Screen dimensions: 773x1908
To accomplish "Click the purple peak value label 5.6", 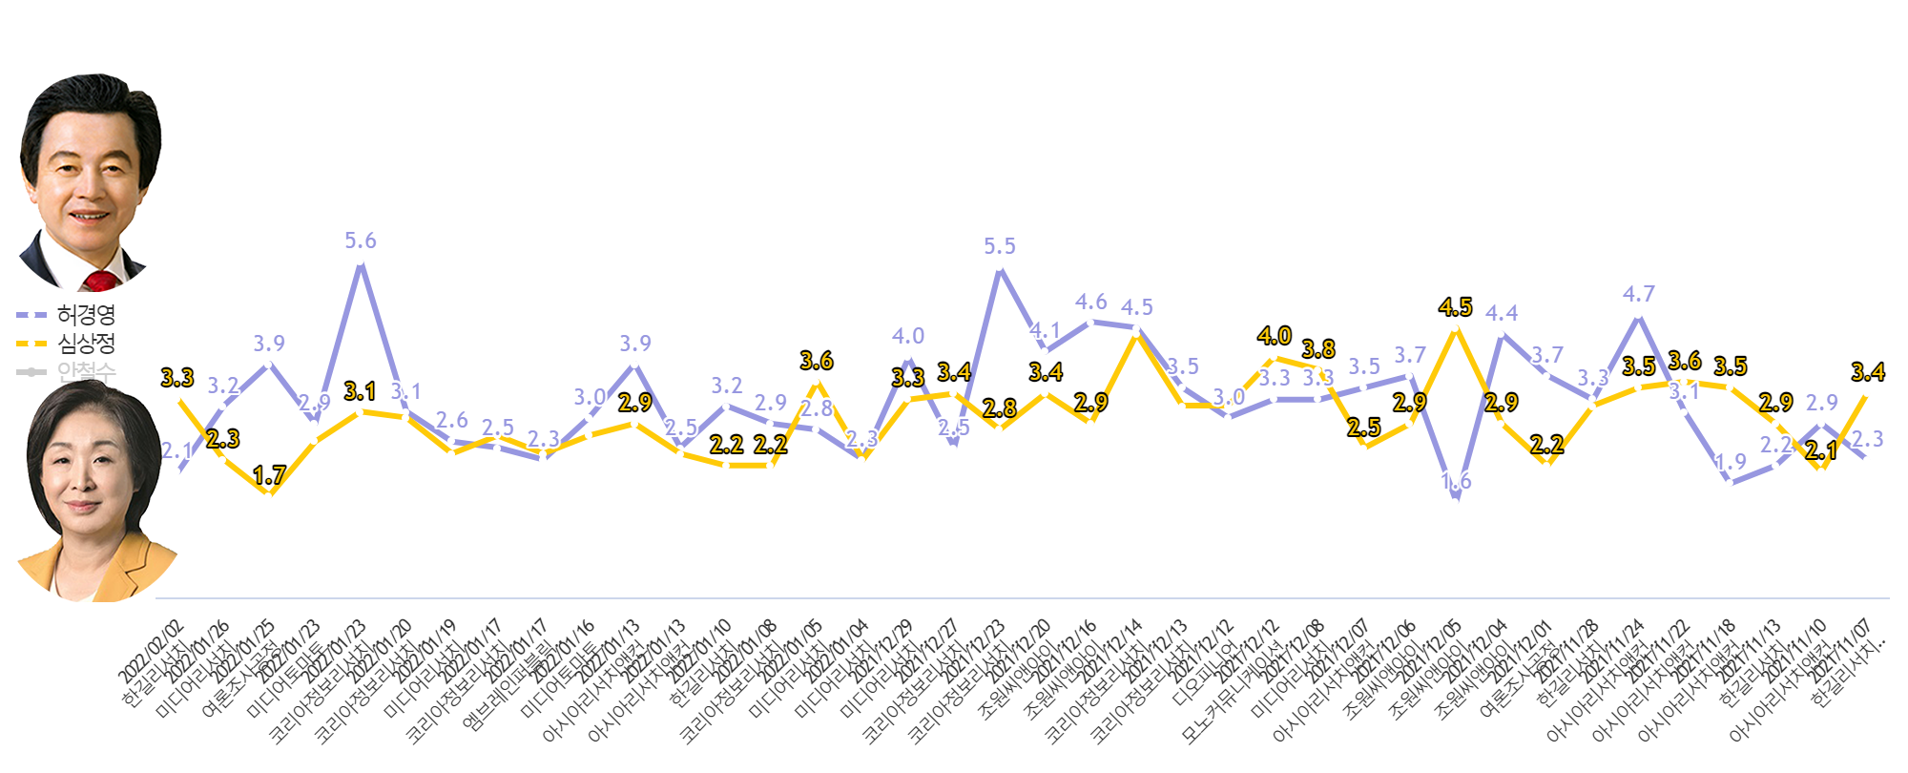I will point(361,241).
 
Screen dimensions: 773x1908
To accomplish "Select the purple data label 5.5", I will point(1000,246).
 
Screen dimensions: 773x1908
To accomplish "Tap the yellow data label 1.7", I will point(269,475).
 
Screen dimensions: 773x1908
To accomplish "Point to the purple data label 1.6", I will point(1456,481).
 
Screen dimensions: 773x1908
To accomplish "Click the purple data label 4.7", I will point(1639,294).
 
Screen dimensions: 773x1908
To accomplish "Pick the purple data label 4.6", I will point(1091,303).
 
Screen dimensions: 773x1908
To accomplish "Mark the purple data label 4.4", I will point(1502,313).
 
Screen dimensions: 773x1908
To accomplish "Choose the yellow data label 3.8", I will point(1318,349).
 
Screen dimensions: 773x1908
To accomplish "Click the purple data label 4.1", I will point(1046,330).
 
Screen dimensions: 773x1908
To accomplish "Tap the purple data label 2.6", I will point(452,421).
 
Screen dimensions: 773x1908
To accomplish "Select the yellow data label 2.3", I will point(223,439).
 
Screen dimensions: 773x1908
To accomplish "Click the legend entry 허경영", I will point(86,314).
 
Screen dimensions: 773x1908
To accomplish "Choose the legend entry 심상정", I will point(86,343).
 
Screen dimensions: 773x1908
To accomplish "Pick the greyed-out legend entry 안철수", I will point(86,370).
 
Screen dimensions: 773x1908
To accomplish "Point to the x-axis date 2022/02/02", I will point(151,651).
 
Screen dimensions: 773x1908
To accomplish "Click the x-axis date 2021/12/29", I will point(882,651).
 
